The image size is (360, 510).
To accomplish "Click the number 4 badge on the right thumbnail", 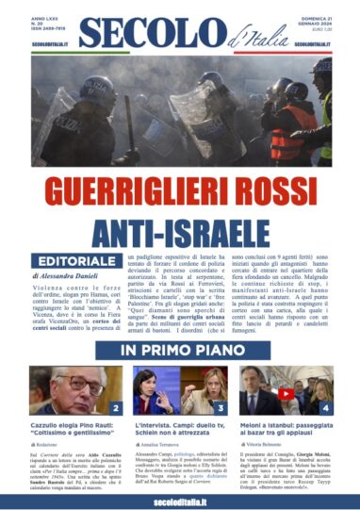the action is pyautogui.click(x=324, y=407).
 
